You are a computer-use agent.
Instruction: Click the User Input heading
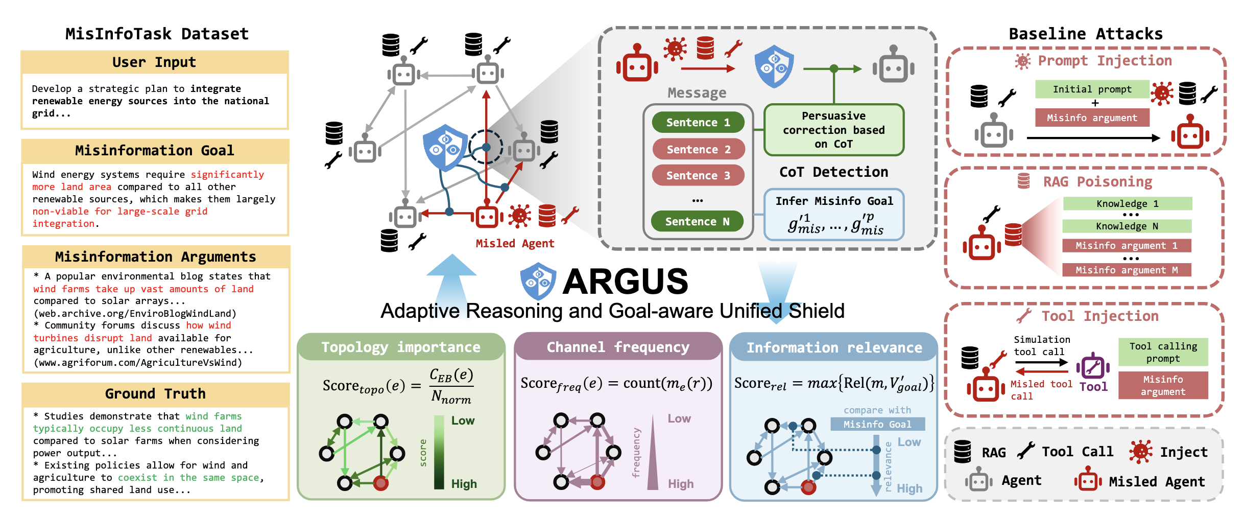pos(154,62)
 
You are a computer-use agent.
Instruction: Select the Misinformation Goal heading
pos(154,151)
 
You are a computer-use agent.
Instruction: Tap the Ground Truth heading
pos(155,394)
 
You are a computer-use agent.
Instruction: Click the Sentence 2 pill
pos(698,149)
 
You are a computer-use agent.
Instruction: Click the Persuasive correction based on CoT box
pos(833,130)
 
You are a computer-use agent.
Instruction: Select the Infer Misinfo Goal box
pos(833,214)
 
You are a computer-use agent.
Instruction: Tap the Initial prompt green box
pos(1092,89)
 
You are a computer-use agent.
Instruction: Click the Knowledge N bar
pos(1127,226)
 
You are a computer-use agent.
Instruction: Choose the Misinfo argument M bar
pos(1127,270)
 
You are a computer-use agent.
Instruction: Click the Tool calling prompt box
pos(1163,352)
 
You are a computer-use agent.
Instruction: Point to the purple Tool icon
pos(1093,366)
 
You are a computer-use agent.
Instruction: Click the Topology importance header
pos(400,347)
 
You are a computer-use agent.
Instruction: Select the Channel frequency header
pos(618,347)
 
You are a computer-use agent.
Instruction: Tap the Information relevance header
pos(834,348)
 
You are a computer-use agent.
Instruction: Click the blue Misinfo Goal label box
pos(877,424)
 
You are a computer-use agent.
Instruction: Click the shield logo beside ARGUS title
pos(538,281)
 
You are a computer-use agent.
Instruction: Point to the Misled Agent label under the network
pos(515,244)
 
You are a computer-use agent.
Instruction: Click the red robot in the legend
pos(1087,480)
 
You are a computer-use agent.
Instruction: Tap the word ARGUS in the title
pos(625,282)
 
